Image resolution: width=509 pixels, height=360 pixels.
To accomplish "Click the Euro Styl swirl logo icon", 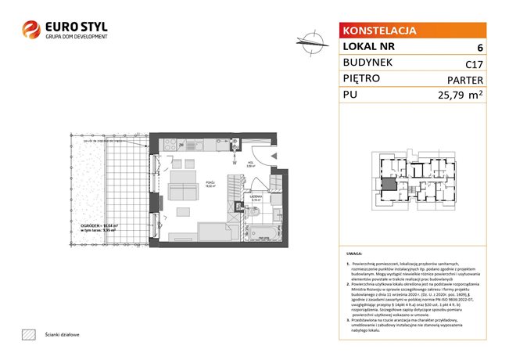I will tap(32, 30).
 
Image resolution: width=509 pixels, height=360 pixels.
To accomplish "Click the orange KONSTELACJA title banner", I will tap(378, 31).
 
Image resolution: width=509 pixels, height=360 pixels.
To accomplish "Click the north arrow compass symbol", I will tap(310, 41).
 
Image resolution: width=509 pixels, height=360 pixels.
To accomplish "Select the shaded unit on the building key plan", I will tap(386, 185).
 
